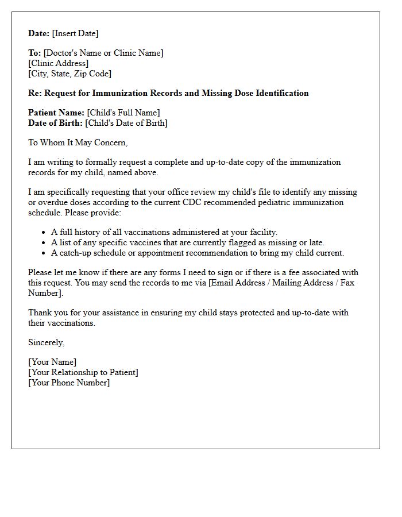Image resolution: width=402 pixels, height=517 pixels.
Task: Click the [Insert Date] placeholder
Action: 75,33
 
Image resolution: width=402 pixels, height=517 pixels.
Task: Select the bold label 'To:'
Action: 34,53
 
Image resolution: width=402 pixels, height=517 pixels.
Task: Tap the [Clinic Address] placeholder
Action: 59,63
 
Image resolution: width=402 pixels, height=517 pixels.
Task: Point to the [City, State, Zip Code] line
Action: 70,74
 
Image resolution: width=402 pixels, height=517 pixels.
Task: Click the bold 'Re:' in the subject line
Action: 35,93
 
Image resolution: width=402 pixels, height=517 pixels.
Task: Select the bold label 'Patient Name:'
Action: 56,113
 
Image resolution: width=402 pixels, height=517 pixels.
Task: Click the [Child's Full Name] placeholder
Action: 123,113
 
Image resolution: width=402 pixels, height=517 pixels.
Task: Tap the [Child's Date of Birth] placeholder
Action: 126,123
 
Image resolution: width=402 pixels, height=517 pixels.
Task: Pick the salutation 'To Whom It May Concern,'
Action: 78,142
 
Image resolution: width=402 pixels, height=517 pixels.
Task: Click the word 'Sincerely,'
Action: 47,342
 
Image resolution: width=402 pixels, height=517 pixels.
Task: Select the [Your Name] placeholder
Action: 52,362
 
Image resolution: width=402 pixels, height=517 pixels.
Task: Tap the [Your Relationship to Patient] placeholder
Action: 83,372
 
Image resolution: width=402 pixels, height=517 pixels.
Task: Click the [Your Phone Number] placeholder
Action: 69,383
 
